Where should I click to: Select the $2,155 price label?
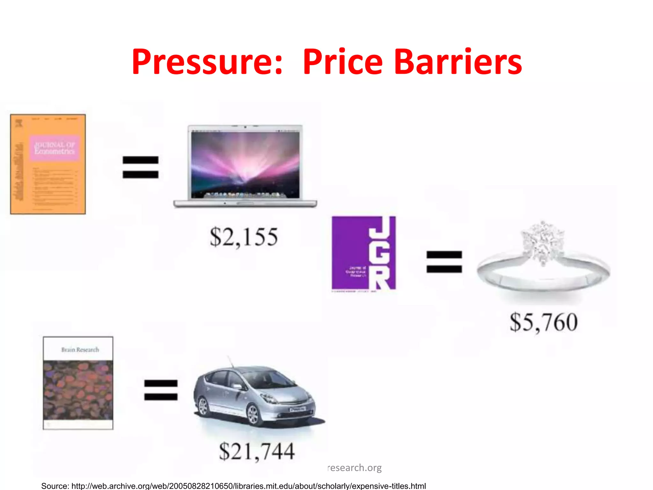tap(244, 237)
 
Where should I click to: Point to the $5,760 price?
tap(544, 322)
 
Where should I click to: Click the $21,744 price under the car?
tap(257, 451)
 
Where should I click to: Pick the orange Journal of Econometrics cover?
tap(48, 164)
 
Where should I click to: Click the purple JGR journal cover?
tap(364, 253)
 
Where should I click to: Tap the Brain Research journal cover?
tap(78, 383)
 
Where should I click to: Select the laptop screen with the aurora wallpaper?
tap(245, 165)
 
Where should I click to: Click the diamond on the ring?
tap(542, 242)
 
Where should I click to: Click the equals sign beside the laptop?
tap(141, 167)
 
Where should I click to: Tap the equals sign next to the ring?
tap(444, 262)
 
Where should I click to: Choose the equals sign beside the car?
tap(161, 390)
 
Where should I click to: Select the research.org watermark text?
tap(355, 468)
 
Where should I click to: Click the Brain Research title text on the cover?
tap(80, 350)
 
